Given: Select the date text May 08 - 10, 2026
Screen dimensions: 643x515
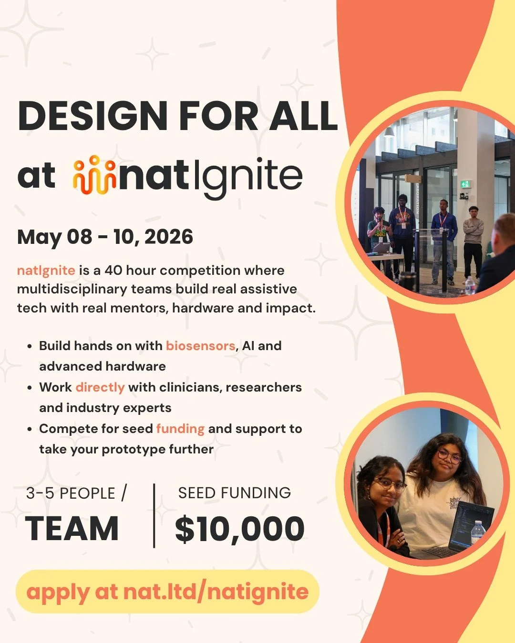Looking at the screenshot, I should (x=105, y=237).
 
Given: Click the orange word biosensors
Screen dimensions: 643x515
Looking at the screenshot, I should (x=200, y=345).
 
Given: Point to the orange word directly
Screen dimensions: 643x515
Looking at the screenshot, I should (x=100, y=387).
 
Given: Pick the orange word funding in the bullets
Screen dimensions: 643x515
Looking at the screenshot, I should (x=180, y=429).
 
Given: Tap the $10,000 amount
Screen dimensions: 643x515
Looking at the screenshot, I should (x=239, y=529).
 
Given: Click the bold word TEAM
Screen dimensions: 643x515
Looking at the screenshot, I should (x=72, y=529).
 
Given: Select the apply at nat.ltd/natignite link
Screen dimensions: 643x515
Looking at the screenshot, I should (x=167, y=592).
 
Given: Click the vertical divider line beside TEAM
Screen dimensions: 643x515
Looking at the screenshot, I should (x=154, y=515).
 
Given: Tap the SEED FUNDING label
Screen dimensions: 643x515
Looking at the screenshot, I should (x=235, y=493).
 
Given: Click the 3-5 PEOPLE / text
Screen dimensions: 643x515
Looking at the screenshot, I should (x=76, y=493).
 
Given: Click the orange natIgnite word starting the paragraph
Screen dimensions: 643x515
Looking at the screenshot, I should (x=46, y=271).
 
